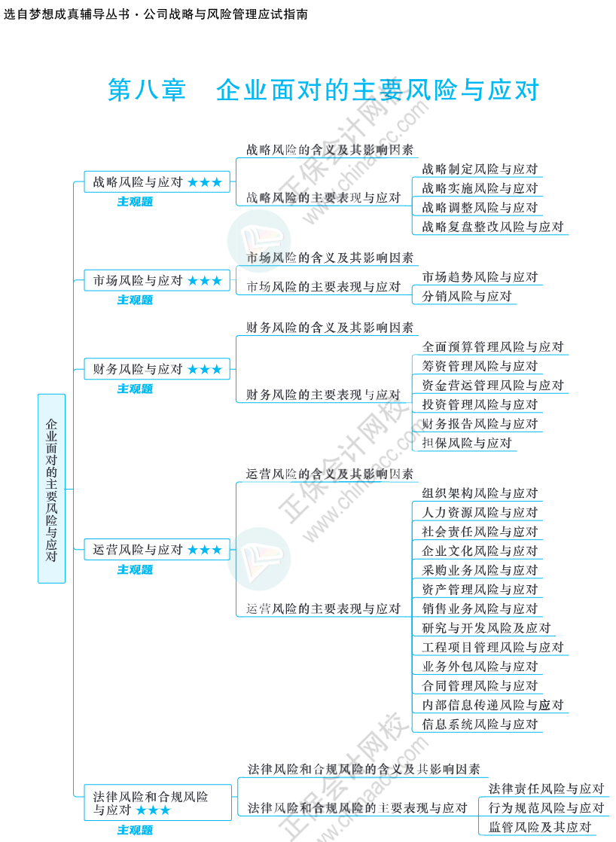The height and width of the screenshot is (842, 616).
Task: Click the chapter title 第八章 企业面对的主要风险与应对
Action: pyautogui.click(x=324, y=90)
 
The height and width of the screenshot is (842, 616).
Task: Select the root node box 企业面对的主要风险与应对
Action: pyautogui.click(x=51, y=489)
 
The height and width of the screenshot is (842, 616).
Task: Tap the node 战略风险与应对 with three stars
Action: pyautogui.click(x=157, y=182)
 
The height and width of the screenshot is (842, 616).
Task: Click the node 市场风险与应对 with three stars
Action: pyautogui.click(x=157, y=281)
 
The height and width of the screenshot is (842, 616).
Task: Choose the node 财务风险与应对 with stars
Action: pyautogui.click(x=157, y=370)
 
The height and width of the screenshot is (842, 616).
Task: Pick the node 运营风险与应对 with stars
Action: pyautogui.click(x=157, y=551)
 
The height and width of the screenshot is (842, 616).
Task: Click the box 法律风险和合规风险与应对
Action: pyautogui.click(x=157, y=803)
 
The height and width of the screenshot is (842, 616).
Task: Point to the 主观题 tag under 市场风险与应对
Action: pyautogui.click(x=135, y=300)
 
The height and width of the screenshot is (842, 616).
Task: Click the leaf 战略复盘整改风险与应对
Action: pyautogui.click(x=492, y=227)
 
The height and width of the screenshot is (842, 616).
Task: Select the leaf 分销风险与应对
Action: pyautogui.click(x=467, y=297)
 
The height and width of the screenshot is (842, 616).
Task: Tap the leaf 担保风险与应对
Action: pyautogui.click(x=467, y=443)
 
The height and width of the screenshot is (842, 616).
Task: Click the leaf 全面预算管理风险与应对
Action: pyautogui.click(x=492, y=347)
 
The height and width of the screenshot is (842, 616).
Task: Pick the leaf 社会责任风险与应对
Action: pyautogui.click(x=480, y=532)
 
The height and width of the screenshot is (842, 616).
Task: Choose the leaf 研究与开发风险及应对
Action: pyautogui.click(x=486, y=628)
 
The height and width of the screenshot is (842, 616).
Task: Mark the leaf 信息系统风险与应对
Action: pyautogui.click(x=480, y=725)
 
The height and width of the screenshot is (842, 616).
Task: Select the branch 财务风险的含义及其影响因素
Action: pyautogui.click(x=330, y=328)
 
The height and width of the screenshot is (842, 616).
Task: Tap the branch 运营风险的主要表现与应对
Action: pyautogui.click(x=324, y=609)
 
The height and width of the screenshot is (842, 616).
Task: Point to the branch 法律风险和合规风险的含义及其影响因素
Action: pyautogui.click(x=364, y=770)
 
